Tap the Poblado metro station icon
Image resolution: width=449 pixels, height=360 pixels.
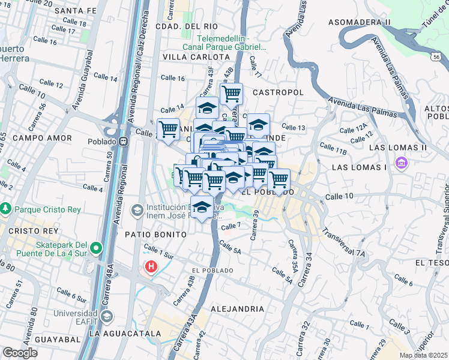123,142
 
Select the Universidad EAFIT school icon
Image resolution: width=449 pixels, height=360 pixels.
106,316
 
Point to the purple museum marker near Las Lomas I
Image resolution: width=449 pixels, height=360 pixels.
401,163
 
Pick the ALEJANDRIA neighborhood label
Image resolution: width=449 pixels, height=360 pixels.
237,309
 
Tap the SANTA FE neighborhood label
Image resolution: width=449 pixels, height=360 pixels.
74,11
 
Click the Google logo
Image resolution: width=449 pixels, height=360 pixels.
19,352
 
